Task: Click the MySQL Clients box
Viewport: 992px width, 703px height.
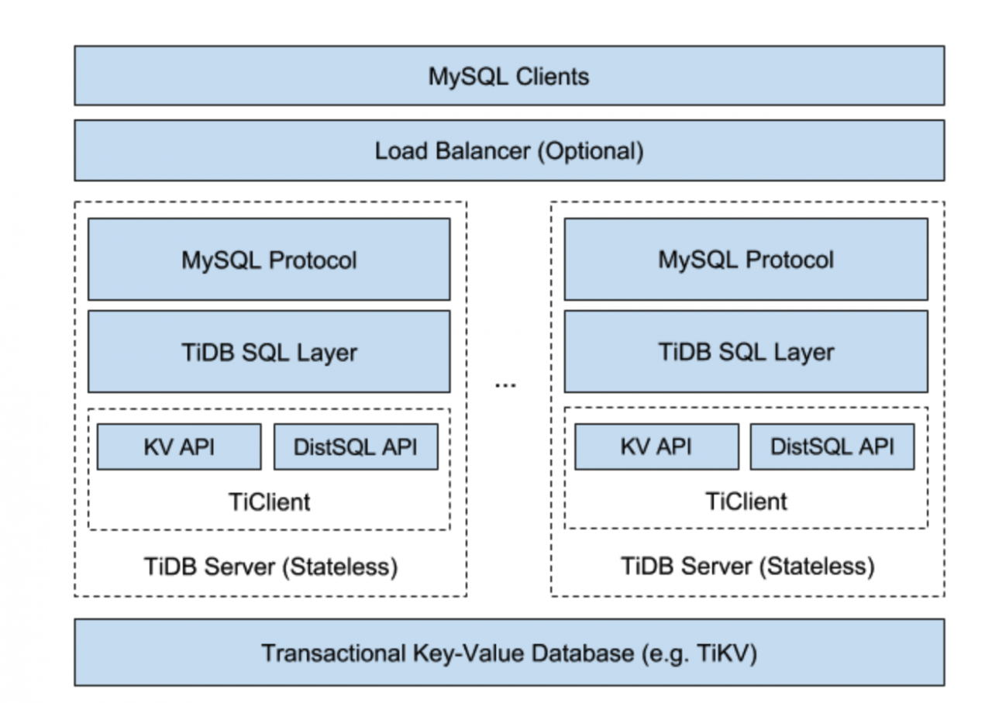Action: (509, 76)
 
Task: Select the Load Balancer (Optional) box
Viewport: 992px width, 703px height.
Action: (509, 150)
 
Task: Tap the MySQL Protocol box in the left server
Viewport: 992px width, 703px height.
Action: (269, 260)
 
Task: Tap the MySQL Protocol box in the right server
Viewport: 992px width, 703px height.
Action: (746, 260)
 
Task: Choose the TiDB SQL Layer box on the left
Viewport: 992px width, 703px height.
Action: (269, 352)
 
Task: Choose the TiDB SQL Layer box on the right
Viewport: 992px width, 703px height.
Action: (746, 352)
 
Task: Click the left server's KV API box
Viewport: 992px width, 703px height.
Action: (179, 446)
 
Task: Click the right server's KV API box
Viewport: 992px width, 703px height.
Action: (656, 446)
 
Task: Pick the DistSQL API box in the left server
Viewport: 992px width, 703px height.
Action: (356, 446)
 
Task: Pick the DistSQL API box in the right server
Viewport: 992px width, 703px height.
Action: (832, 446)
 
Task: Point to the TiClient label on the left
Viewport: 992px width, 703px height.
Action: (269, 502)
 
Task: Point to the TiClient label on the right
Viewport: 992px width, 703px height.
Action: (746, 501)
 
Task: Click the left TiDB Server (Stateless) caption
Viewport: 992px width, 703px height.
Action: (270, 567)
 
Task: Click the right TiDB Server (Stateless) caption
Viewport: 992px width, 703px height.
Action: (748, 567)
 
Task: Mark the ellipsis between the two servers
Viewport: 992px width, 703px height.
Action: (505, 385)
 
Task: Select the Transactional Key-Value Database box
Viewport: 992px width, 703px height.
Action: (509, 653)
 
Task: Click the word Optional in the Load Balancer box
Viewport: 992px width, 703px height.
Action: (591, 151)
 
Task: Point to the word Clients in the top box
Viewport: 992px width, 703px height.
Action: (553, 76)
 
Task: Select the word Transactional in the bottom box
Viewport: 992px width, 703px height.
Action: (334, 653)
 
